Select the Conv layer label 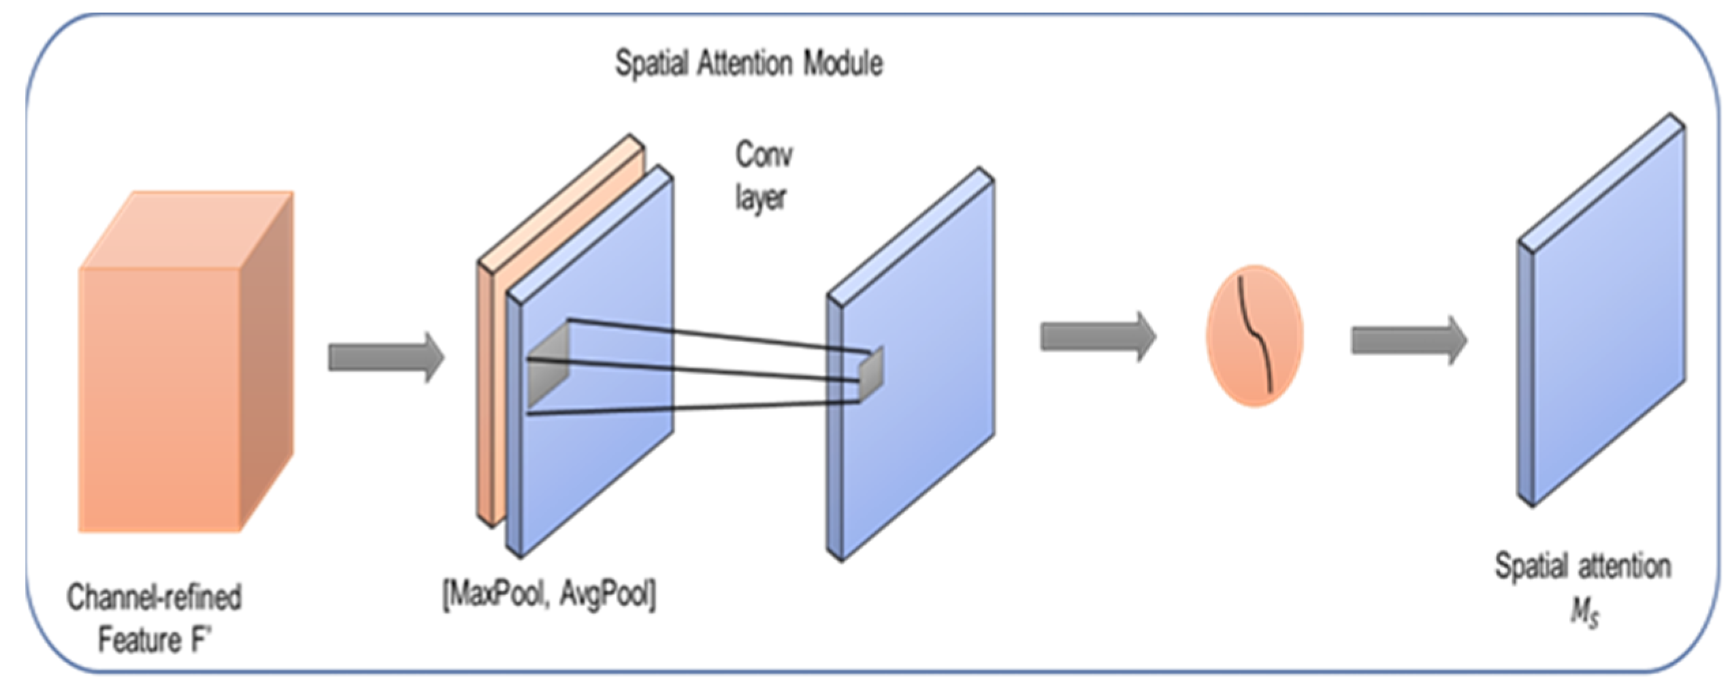tap(763, 176)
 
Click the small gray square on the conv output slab tap(870, 373)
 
